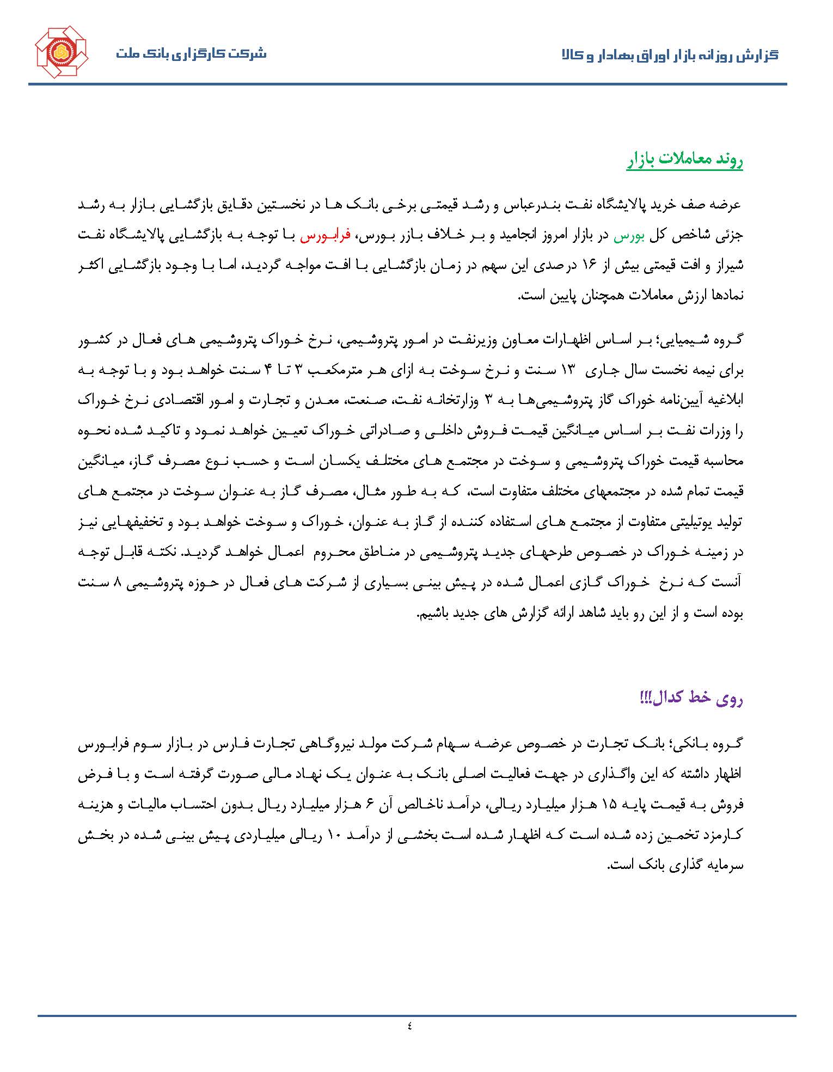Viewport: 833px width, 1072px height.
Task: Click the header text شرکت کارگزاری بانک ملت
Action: click(191, 54)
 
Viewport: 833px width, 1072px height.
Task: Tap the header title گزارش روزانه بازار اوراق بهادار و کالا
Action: click(670, 55)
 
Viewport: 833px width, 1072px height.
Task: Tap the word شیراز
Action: click(729, 266)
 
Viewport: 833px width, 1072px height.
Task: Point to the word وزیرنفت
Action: click(483, 341)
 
